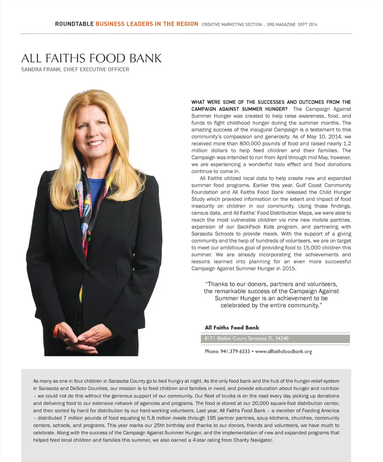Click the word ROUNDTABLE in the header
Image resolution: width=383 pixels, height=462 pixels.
pyautogui.click(x=74, y=24)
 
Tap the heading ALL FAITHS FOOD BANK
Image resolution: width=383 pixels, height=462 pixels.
pyautogui.click(x=91, y=58)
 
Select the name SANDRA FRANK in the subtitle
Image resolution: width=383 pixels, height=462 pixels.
pyautogui.click(x=41, y=69)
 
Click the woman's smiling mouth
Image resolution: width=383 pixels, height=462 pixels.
pyautogui.click(x=95, y=143)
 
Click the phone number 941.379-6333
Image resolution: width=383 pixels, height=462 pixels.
pyautogui.click(x=235, y=351)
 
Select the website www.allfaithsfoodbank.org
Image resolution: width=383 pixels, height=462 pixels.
pyautogui.click(x=283, y=351)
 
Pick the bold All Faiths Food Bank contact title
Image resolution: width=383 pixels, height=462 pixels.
pyautogui.click(x=232, y=328)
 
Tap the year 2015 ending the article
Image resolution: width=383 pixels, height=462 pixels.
pyautogui.click(x=289, y=269)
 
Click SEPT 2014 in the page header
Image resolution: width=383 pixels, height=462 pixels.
pyautogui.click(x=307, y=25)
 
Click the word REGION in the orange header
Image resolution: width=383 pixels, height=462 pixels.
pyautogui.click(x=187, y=24)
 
